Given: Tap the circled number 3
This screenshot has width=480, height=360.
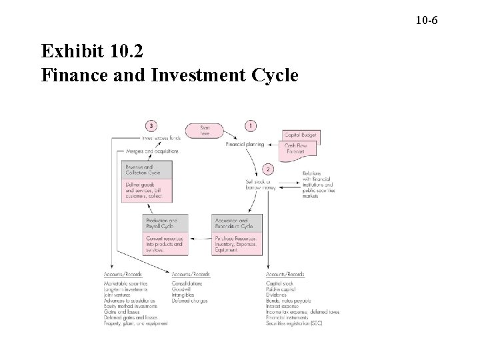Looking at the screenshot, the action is pos(153,125).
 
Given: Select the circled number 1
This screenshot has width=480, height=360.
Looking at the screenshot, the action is pos(250,125).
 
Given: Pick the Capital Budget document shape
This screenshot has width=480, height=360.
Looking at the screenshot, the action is pos(300,135).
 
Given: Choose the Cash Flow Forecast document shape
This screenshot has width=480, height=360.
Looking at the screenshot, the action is pos(301,150).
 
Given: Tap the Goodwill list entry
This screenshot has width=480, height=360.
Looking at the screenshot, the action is pos(183,291).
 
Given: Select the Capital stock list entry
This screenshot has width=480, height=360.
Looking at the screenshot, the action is pos(279,285).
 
